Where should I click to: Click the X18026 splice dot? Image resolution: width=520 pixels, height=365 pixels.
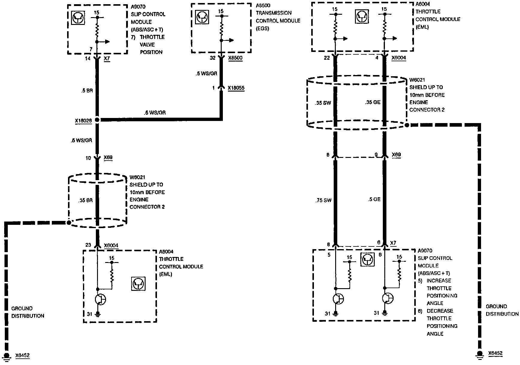[97, 120]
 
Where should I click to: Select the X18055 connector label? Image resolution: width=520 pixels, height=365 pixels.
[236, 88]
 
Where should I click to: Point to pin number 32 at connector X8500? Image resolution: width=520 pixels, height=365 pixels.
[212, 58]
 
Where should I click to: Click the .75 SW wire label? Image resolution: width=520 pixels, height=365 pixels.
[323, 200]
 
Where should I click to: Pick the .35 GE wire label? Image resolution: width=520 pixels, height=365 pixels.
[373, 102]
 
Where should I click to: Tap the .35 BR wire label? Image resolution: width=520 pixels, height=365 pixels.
[86, 201]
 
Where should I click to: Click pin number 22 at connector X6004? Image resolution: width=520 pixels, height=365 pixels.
[327, 58]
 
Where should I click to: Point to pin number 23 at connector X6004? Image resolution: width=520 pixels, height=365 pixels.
[88, 245]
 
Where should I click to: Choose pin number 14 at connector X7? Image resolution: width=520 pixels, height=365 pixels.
[87, 59]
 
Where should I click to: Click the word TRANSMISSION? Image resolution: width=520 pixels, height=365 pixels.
[274, 13]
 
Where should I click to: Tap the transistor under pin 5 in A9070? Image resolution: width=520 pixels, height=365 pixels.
[338, 299]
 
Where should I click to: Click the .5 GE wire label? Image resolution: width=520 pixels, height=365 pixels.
[374, 199]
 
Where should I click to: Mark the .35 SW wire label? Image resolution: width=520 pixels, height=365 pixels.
[323, 103]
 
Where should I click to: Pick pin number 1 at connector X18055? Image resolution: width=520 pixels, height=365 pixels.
[214, 88]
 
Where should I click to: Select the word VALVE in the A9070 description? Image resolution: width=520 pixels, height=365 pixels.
[147, 44]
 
